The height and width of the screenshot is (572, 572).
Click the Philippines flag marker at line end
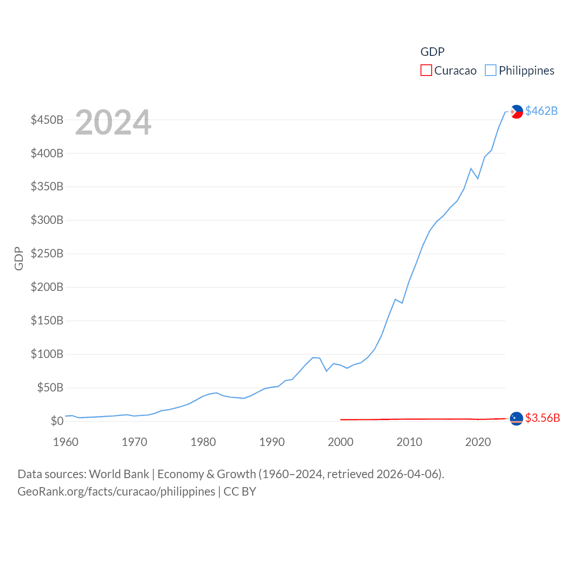517,111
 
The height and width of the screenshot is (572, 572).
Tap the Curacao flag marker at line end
516,418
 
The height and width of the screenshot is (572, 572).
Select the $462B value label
541,111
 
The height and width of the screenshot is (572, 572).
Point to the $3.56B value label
542,418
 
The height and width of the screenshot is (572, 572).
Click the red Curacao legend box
426,71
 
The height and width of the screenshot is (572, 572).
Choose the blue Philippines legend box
491,71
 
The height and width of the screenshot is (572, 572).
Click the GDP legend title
432,52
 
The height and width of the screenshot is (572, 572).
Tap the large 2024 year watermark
113,122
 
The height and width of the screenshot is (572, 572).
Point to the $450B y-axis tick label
47,120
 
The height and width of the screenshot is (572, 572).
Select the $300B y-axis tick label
47,220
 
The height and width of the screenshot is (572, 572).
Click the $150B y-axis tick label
47,320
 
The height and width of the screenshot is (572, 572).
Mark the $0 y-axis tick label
57,421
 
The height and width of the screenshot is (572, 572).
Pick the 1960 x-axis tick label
66,442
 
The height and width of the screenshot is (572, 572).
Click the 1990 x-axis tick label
272,442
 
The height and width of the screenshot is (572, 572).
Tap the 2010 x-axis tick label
409,442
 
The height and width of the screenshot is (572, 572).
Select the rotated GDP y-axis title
19,258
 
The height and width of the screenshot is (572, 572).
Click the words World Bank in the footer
119,474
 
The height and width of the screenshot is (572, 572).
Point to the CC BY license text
240,492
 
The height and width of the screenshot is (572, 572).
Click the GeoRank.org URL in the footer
116,492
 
